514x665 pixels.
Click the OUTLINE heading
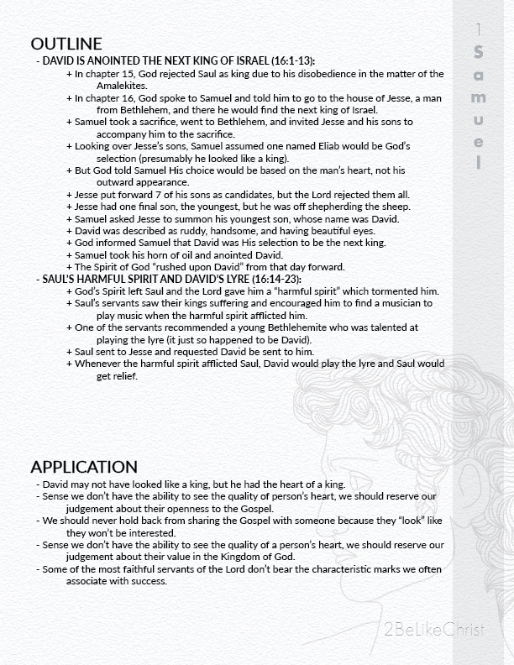(66, 45)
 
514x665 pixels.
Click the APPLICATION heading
(83, 467)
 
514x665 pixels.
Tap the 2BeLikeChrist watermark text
(433, 628)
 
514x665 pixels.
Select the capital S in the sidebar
(478, 53)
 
